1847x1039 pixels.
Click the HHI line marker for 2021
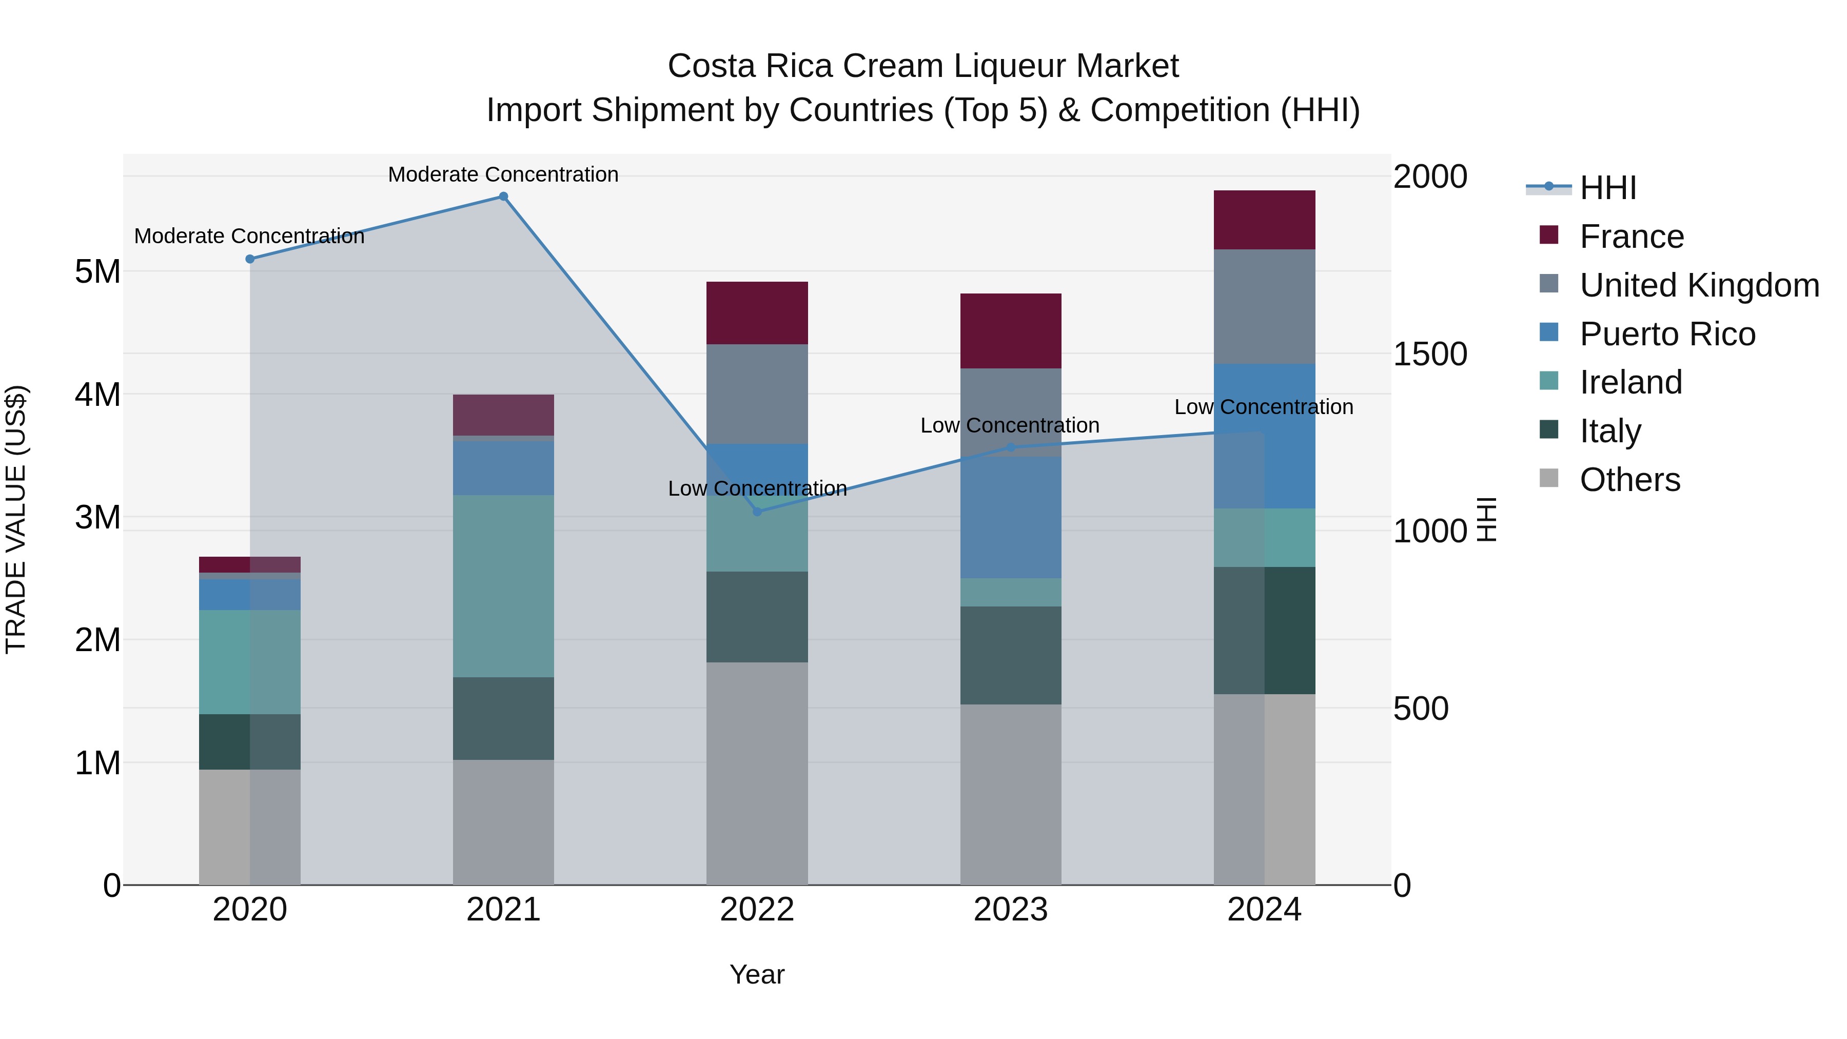point(503,197)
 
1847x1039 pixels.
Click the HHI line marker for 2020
point(249,259)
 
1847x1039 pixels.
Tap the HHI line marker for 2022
point(757,511)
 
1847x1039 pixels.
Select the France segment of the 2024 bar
point(1264,220)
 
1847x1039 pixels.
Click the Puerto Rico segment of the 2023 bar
point(1010,516)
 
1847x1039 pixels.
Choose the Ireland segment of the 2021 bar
point(503,586)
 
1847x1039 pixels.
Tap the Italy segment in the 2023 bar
point(1010,655)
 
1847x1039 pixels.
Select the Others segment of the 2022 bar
point(757,773)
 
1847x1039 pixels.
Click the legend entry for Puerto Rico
point(1667,334)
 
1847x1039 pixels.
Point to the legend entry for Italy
point(1609,431)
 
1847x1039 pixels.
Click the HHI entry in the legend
point(1607,188)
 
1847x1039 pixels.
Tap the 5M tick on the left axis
point(97,272)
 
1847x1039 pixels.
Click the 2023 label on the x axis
point(1010,910)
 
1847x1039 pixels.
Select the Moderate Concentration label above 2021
point(503,174)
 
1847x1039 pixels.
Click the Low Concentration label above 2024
point(1263,406)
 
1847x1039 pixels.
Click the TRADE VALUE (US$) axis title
point(16,519)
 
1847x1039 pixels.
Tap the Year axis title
point(757,974)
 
